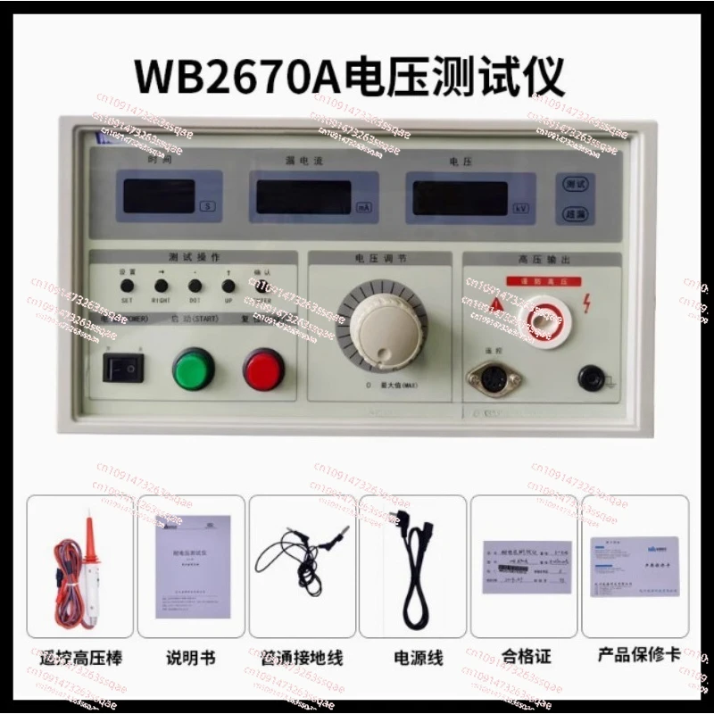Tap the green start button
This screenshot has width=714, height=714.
(x=194, y=369)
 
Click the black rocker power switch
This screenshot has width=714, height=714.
(x=123, y=366)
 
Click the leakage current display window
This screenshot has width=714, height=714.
(x=303, y=196)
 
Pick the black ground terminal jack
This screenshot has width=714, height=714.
(x=590, y=378)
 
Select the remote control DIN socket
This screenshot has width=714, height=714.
(x=489, y=379)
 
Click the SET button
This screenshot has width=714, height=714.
(x=128, y=286)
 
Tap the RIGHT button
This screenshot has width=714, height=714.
(x=162, y=286)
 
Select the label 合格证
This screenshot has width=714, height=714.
(x=526, y=657)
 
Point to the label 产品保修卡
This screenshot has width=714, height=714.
(x=636, y=655)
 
